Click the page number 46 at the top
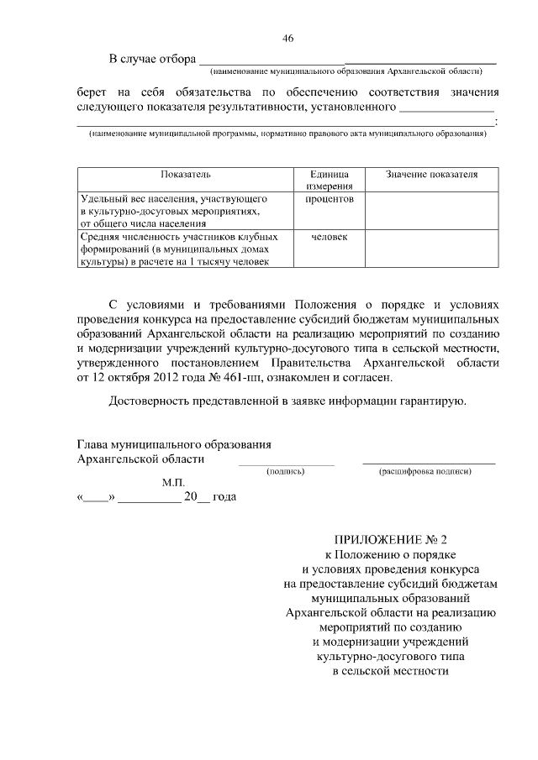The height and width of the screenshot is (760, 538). click(x=287, y=39)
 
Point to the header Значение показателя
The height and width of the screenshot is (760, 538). click(x=431, y=175)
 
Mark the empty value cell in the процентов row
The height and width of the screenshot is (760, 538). click(x=431, y=212)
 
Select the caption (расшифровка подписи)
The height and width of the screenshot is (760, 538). click(x=427, y=472)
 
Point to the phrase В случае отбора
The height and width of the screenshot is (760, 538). click(x=150, y=58)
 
